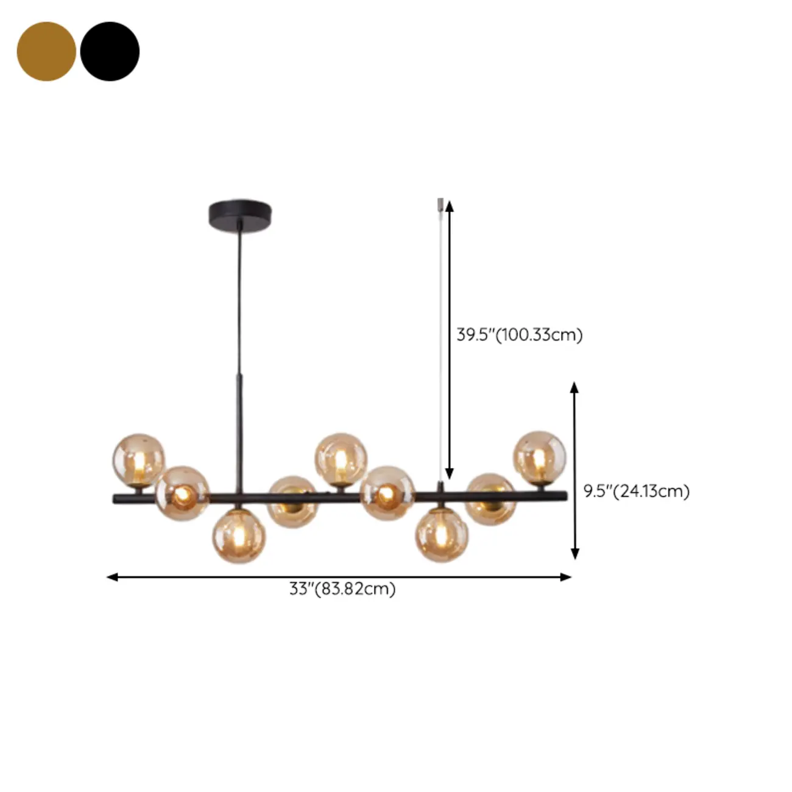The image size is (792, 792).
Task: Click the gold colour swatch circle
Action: tap(46, 51)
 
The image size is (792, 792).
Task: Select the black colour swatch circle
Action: tap(110, 51)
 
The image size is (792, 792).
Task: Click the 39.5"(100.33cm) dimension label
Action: tap(520, 334)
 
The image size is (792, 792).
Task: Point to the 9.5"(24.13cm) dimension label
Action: tap(637, 491)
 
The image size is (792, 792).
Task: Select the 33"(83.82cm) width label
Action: tap(342, 589)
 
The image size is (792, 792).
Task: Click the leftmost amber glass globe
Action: tap(139, 460)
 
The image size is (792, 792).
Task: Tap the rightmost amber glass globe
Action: tap(540, 457)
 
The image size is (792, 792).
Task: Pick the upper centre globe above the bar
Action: tap(341, 458)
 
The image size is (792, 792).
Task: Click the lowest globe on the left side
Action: tap(239, 536)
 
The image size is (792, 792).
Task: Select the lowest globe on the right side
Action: tap(442, 535)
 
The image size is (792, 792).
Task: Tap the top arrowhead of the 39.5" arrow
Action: tap(450, 205)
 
